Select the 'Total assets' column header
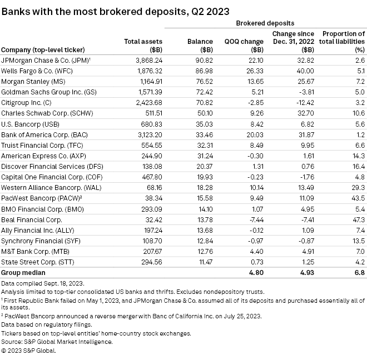click(139, 45)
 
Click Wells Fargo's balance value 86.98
click(204, 71)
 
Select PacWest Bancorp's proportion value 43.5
click(358, 198)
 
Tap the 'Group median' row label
click(22, 272)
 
